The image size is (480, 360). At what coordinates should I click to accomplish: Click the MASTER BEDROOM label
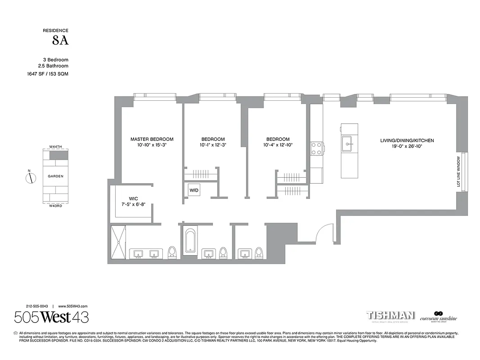(x=152, y=139)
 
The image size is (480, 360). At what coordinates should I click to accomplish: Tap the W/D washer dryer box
(x=193, y=190)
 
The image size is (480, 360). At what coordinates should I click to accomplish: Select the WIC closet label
(x=133, y=198)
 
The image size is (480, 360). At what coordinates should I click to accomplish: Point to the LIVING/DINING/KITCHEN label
(x=407, y=140)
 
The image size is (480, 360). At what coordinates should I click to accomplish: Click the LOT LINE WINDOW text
(x=459, y=171)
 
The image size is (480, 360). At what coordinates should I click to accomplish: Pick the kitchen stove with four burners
(x=316, y=148)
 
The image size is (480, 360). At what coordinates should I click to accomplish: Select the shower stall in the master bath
(x=119, y=242)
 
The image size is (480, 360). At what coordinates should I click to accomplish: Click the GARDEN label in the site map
(x=56, y=176)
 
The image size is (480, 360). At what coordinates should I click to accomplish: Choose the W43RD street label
(x=56, y=206)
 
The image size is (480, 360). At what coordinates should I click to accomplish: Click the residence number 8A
(x=60, y=41)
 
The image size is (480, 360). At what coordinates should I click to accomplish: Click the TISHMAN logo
(x=390, y=315)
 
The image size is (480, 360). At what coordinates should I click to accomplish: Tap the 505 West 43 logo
(x=51, y=317)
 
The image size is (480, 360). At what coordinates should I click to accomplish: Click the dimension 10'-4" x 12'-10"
(x=278, y=145)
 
